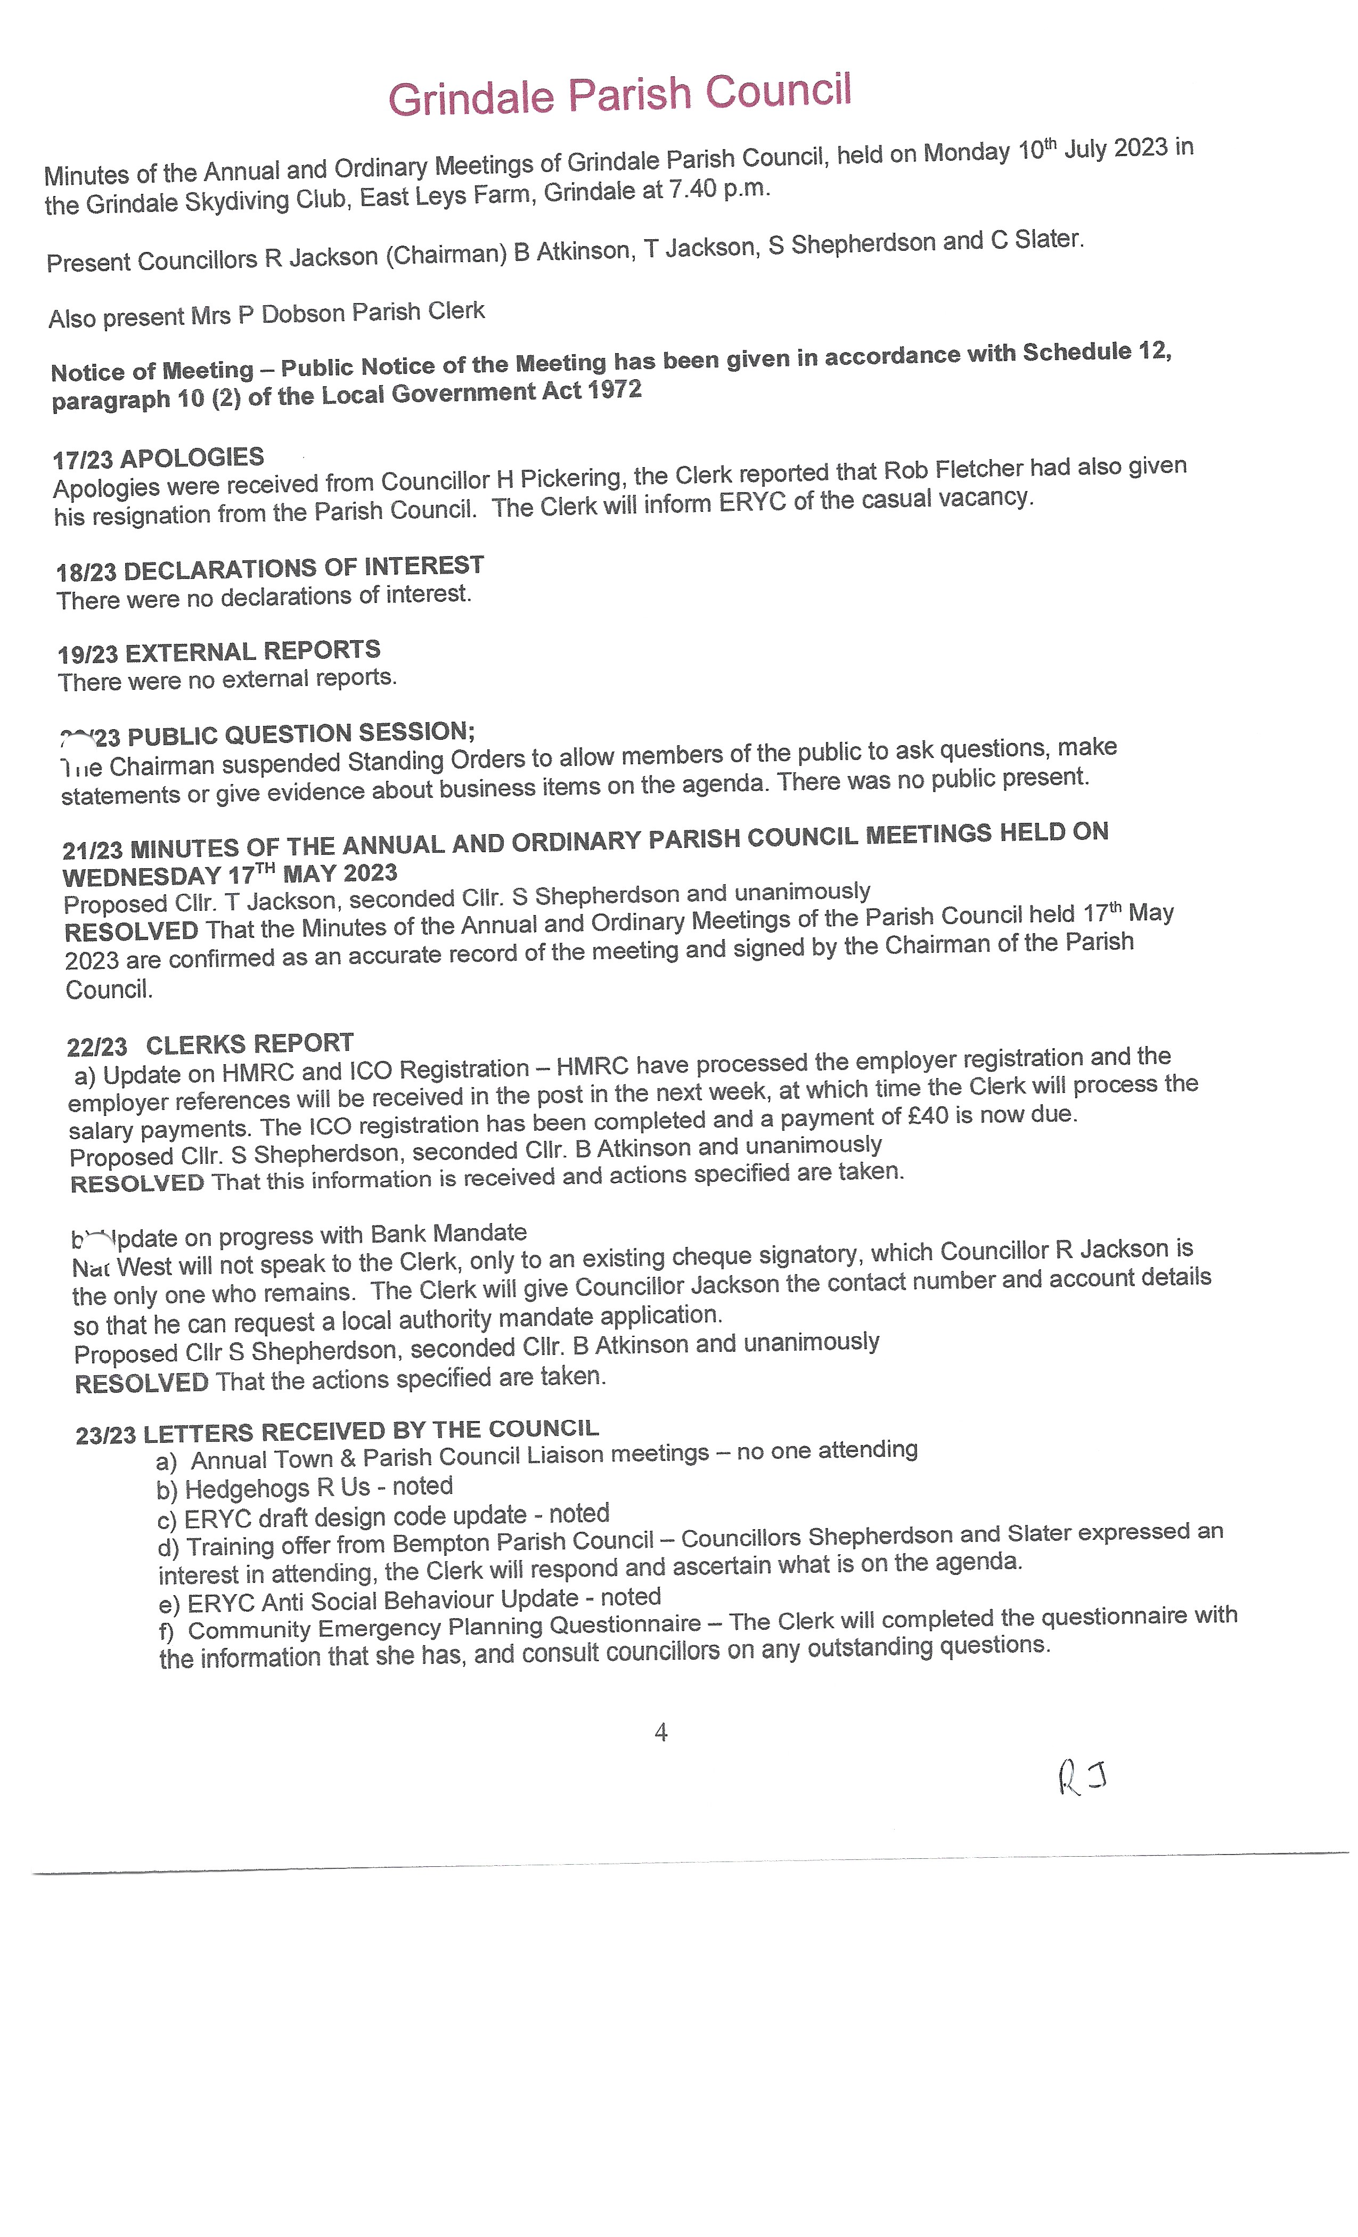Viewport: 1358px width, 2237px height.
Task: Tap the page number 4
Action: pos(661,1732)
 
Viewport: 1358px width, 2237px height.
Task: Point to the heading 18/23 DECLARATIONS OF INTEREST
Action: pos(269,568)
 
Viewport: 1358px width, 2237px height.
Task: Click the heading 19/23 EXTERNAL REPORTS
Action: pos(219,651)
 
